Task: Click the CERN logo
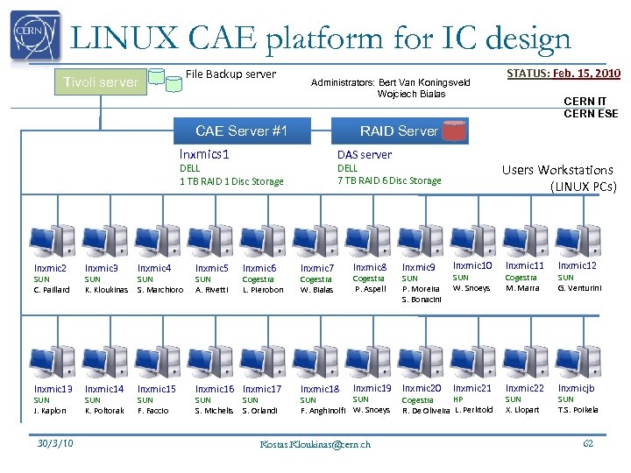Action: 35,36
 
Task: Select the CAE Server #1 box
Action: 242,131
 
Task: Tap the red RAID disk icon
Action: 454,131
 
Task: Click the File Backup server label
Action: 230,74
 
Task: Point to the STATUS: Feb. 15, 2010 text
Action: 564,74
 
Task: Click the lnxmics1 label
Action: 204,154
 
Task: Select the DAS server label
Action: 365,154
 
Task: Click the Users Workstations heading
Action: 557,170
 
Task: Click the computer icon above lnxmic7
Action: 315,239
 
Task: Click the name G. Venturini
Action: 581,288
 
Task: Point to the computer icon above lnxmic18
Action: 315,359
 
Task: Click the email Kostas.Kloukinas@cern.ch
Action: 315,444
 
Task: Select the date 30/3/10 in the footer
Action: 54,443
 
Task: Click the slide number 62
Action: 588,443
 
